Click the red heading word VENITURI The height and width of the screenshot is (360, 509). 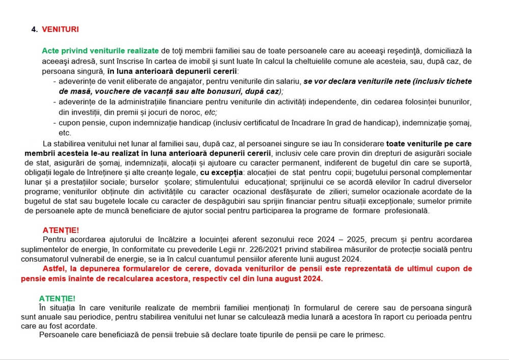[60, 30]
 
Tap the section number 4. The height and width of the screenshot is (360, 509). [34, 30]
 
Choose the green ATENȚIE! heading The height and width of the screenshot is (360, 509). [57, 298]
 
